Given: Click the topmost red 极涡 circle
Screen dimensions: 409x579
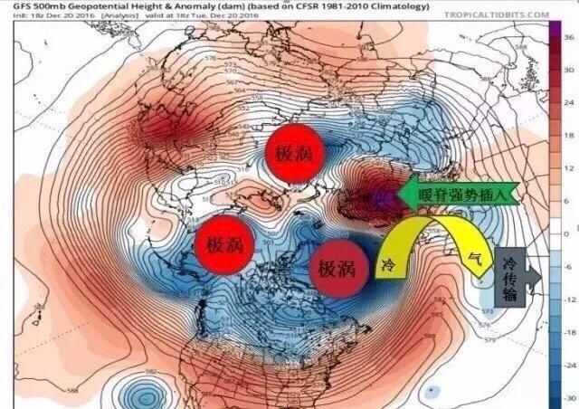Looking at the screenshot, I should pyautogui.click(x=295, y=153).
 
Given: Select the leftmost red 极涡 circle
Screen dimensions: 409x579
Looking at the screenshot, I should pyautogui.click(x=224, y=244).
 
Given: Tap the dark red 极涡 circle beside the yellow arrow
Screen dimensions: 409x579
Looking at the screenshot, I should pyautogui.click(x=339, y=269).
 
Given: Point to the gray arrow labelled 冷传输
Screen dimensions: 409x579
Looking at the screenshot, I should pyautogui.click(x=511, y=277).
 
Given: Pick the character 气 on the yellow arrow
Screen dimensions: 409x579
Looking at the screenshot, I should pyautogui.click(x=472, y=258).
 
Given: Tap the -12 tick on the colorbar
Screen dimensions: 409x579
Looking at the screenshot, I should pyautogui.click(x=567, y=299).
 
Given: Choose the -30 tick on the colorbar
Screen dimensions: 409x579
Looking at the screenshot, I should pyautogui.click(x=567, y=397).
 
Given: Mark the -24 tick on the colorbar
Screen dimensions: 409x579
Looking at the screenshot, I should pyautogui.click(x=567, y=365).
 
